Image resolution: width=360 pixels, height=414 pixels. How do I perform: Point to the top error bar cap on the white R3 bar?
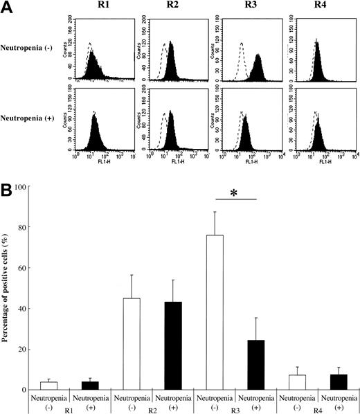pos(215,212)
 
